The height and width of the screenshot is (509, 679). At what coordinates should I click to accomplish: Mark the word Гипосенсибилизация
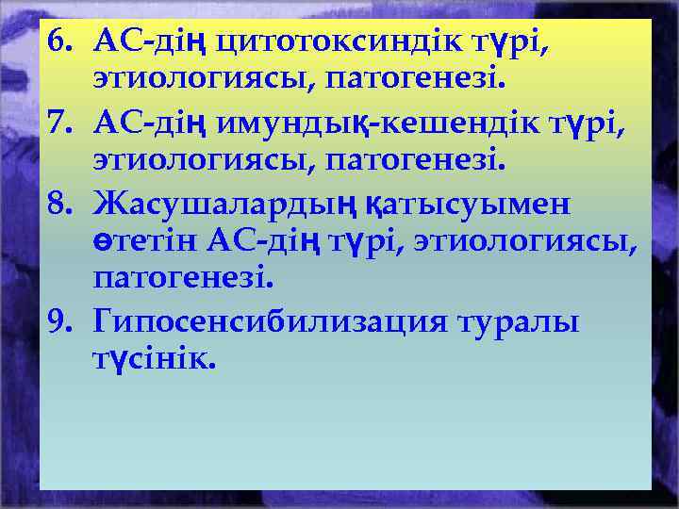click(x=269, y=322)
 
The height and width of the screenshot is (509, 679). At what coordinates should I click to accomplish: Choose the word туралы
click(x=519, y=322)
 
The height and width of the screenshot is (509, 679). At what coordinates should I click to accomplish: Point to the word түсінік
click(x=155, y=360)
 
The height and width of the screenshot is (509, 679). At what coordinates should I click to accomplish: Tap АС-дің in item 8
click(x=250, y=242)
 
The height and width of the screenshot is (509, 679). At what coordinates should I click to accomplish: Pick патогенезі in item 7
click(x=416, y=160)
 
